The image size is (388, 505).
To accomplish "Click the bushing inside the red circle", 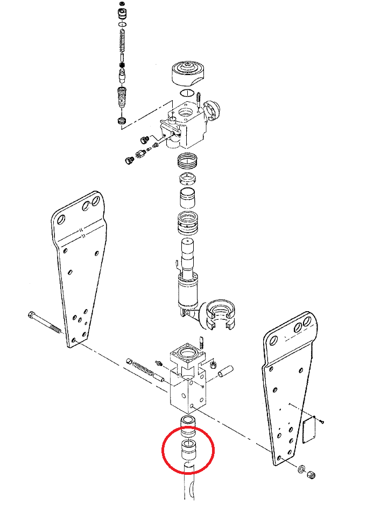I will pos(189,450).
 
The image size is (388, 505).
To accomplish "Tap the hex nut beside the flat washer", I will pos(311,474).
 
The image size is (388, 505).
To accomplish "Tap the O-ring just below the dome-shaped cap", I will pos(187,93).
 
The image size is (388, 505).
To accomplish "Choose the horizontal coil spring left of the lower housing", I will pos(143,368).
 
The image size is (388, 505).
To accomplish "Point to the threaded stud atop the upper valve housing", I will pos(199,100).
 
